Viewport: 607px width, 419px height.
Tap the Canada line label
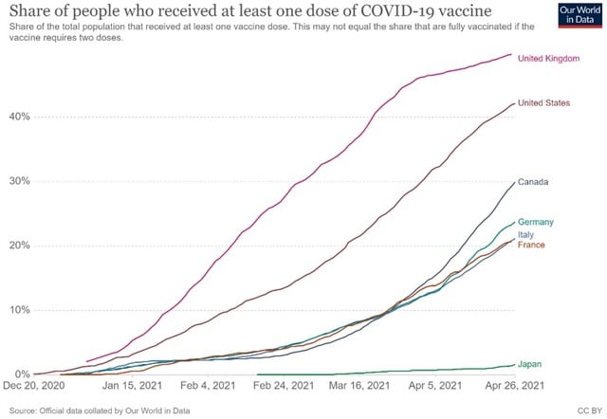(x=533, y=181)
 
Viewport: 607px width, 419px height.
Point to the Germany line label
(x=536, y=222)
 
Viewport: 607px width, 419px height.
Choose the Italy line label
(x=526, y=234)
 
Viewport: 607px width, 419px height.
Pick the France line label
(x=531, y=246)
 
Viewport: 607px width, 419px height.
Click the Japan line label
(x=531, y=364)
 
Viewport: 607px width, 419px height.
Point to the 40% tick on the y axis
(x=19, y=117)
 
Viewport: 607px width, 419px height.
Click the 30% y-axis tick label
(x=19, y=181)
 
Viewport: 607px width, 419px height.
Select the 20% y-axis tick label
(x=19, y=246)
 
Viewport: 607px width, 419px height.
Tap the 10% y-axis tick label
(x=19, y=310)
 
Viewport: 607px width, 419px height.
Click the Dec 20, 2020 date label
(x=36, y=387)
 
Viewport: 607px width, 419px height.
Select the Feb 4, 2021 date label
(x=209, y=387)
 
